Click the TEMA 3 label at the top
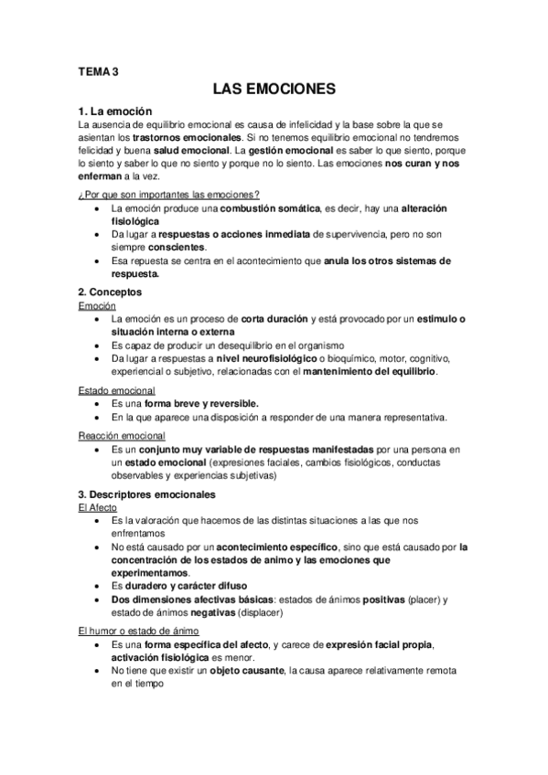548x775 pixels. point(98,69)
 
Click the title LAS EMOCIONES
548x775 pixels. point(274,90)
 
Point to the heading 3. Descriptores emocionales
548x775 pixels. point(147,494)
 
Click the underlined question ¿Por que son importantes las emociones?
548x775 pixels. point(168,194)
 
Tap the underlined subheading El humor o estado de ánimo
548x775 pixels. point(138,631)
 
